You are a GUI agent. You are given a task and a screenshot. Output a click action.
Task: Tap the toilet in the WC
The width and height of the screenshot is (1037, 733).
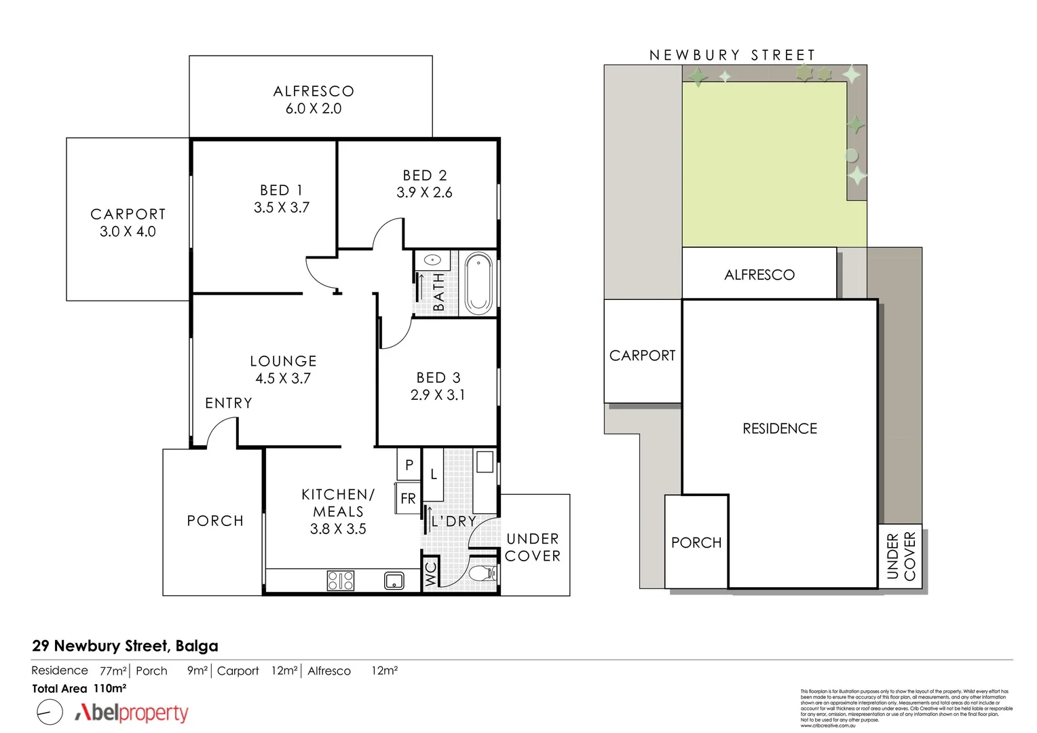(486, 574)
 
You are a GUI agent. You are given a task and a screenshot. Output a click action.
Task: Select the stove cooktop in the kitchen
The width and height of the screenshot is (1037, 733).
(341, 580)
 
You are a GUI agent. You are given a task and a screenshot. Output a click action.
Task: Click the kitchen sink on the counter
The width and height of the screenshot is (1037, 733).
(394, 581)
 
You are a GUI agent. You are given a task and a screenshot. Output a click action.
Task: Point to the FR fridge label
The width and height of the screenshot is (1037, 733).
(408, 499)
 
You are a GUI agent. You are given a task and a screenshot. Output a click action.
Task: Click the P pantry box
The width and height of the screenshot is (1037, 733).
(409, 465)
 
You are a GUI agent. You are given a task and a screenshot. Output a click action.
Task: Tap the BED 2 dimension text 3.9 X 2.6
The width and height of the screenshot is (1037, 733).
(424, 193)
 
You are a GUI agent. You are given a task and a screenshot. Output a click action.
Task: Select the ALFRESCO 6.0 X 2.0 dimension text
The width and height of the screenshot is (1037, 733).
(313, 109)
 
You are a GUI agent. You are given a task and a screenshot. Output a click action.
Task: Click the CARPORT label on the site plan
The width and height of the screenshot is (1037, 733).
(642, 356)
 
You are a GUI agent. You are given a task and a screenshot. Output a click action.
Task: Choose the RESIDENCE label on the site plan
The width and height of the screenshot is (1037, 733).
(780, 429)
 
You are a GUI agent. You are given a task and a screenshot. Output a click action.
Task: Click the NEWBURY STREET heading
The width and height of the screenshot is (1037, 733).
(732, 55)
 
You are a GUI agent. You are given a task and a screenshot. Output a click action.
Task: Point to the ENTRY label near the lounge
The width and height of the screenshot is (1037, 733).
(229, 403)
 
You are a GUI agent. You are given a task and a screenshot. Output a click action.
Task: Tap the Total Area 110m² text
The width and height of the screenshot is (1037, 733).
(79, 688)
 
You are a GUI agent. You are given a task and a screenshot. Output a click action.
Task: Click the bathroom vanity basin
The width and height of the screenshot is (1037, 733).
(434, 259)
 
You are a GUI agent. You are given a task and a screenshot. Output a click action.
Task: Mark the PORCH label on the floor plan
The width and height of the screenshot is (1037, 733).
(215, 521)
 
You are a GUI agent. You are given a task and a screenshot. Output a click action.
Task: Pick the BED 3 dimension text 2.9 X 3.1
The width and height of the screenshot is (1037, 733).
(438, 395)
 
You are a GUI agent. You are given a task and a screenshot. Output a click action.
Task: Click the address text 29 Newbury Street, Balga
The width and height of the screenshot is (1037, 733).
(125, 646)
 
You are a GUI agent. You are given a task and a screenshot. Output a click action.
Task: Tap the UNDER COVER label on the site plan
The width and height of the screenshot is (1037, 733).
(901, 556)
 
